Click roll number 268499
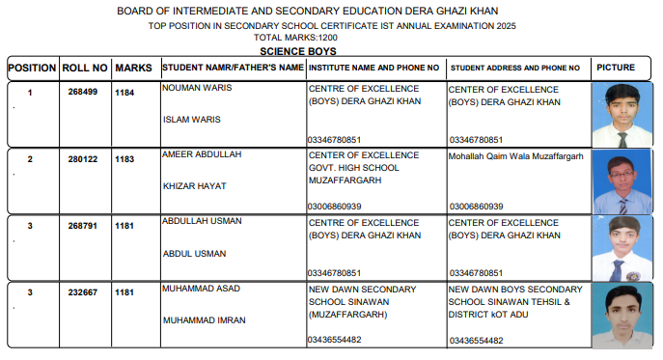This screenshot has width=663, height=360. (x=84, y=93)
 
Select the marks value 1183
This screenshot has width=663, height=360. (x=124, y=159)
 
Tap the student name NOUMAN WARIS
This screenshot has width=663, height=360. (x=197, y=87)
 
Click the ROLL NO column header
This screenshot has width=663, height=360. (x=84, y=69)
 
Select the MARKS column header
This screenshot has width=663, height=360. (x=133, y=69)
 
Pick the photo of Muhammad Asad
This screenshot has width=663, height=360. (x=621, y=315)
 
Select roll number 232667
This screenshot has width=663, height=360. (x=84, y=292)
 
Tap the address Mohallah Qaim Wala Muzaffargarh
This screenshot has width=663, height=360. (x=516, y=154)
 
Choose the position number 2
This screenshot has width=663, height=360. (x=30, y=159)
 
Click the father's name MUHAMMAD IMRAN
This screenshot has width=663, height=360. (x=204, y=319)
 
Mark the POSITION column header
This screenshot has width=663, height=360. (x=32, y=69)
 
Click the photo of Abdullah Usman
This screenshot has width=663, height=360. (x=621, y=249)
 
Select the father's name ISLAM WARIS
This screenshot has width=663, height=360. (x=192, y=120)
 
